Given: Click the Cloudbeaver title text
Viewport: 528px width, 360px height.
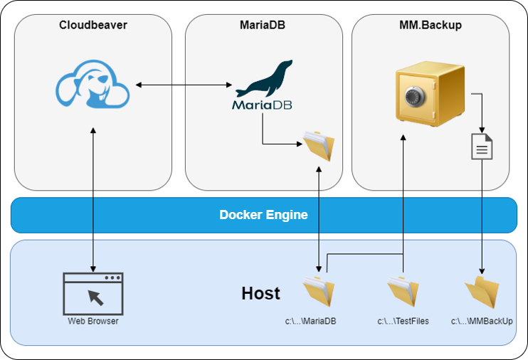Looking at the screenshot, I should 93,26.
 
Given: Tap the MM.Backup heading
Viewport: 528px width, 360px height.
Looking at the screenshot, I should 431,26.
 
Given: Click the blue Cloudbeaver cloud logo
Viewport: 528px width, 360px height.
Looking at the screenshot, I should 93,84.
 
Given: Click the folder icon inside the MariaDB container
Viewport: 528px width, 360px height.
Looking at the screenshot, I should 318,146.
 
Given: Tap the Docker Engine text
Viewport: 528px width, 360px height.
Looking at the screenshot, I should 263,215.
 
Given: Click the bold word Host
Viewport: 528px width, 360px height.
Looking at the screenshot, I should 260,293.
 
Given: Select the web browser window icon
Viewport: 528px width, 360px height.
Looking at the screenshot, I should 93,293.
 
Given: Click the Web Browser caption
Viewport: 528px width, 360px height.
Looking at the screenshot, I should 93,322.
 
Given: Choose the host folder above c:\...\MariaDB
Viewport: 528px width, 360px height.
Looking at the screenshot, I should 318,292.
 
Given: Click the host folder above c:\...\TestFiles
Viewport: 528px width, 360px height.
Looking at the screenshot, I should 403,292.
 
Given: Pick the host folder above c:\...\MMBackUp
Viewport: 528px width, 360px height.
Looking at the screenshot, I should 482,292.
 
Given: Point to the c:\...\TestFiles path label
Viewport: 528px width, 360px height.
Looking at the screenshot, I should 403,322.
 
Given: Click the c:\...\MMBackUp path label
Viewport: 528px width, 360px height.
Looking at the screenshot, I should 482,322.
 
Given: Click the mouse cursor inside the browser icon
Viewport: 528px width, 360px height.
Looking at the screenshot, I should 96,297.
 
